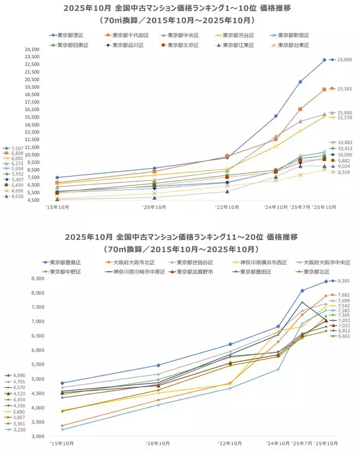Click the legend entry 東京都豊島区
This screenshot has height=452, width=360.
tap(67, 262)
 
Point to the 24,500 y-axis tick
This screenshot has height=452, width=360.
tap(31, 49)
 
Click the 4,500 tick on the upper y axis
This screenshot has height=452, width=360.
tap(32, 200)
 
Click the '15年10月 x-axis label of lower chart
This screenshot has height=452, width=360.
tap(62, 444)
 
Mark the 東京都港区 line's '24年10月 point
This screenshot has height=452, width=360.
tap(276, 116)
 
